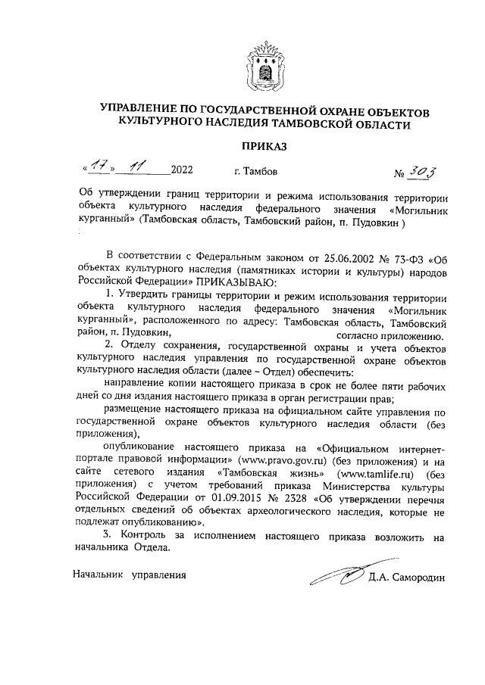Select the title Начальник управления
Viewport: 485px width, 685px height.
[130, 574]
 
